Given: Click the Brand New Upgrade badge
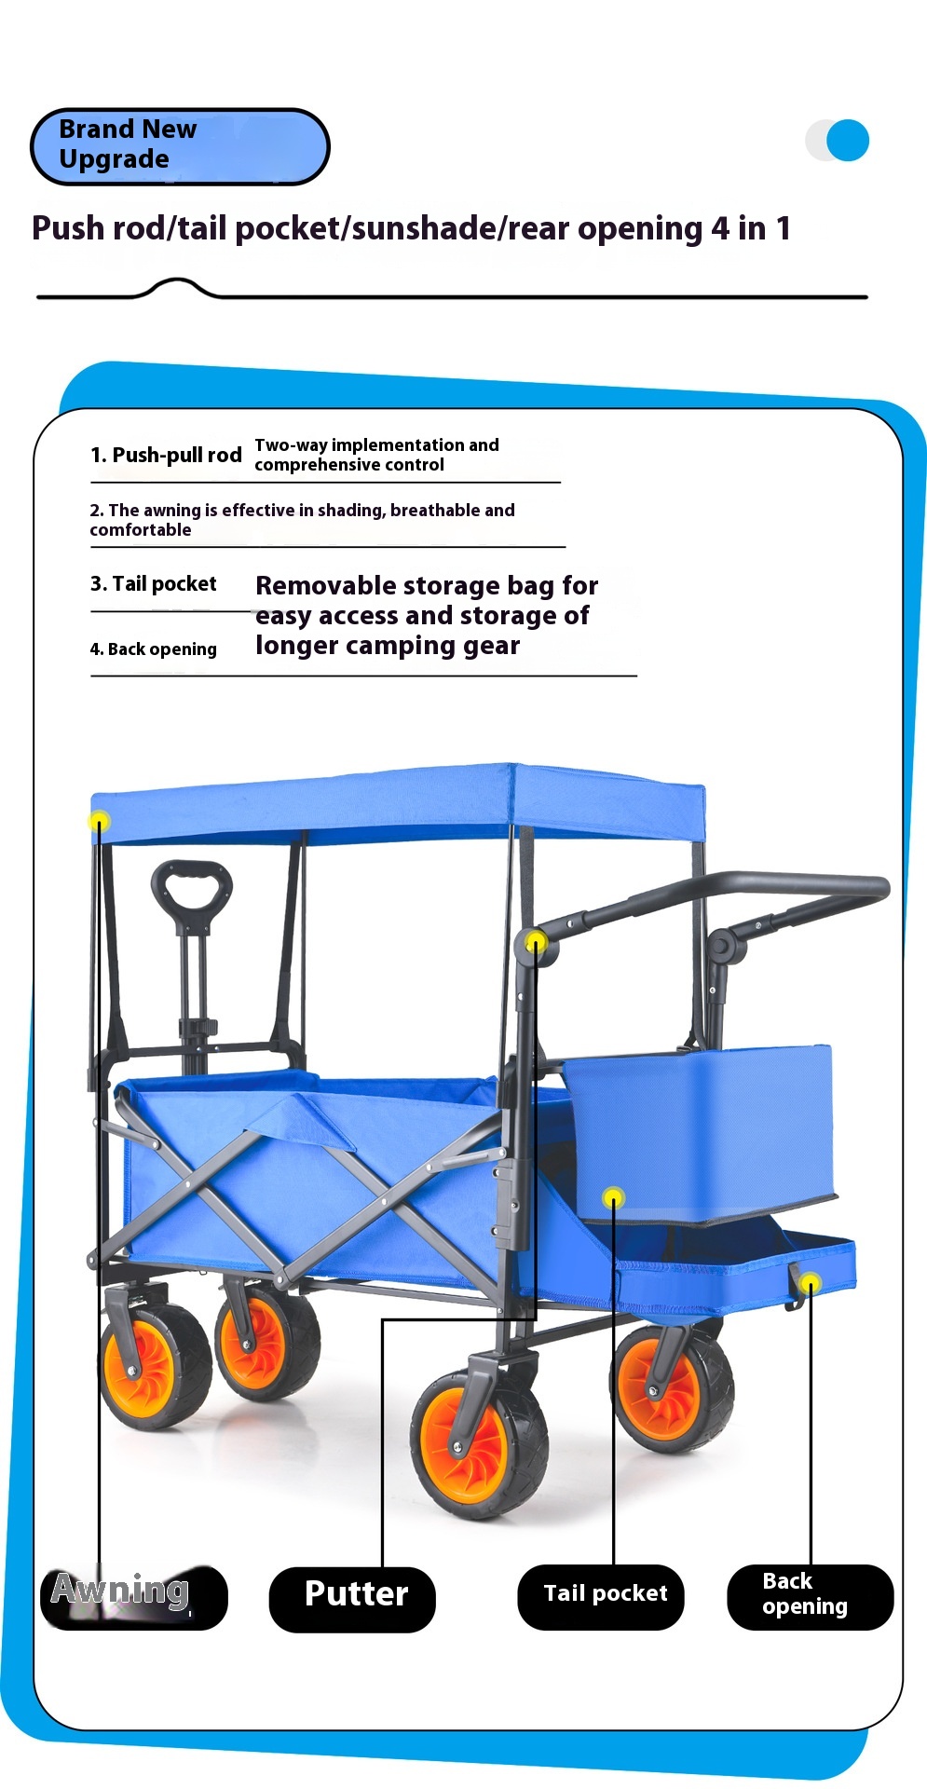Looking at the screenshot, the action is click(x=180, y=146).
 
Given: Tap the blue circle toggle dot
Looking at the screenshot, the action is click(x=847, y=141).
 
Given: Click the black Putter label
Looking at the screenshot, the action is click(x=352, y=1599).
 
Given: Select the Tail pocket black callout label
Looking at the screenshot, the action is click(x=601, y=1597).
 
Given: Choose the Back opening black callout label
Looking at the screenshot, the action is click(x=811, y=1597).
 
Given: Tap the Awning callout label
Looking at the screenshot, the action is click(x=134, y=1597).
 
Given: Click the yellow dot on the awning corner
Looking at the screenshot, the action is click(x=99, y=821).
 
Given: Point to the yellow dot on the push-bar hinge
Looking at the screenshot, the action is click(x=536, y=943).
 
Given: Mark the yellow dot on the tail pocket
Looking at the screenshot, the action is click(x=613, y=1197).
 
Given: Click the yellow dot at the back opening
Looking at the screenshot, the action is click(x=811, y=1283).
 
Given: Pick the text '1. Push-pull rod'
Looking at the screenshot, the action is click(x=166, y=455).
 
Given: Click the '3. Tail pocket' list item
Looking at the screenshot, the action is click(x=153, y=584).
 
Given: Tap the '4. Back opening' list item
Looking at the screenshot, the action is click(x=153, y=649).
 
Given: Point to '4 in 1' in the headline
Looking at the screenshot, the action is click(x=751, y=228).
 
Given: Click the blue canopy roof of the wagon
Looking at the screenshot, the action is click(x=399, y=803).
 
